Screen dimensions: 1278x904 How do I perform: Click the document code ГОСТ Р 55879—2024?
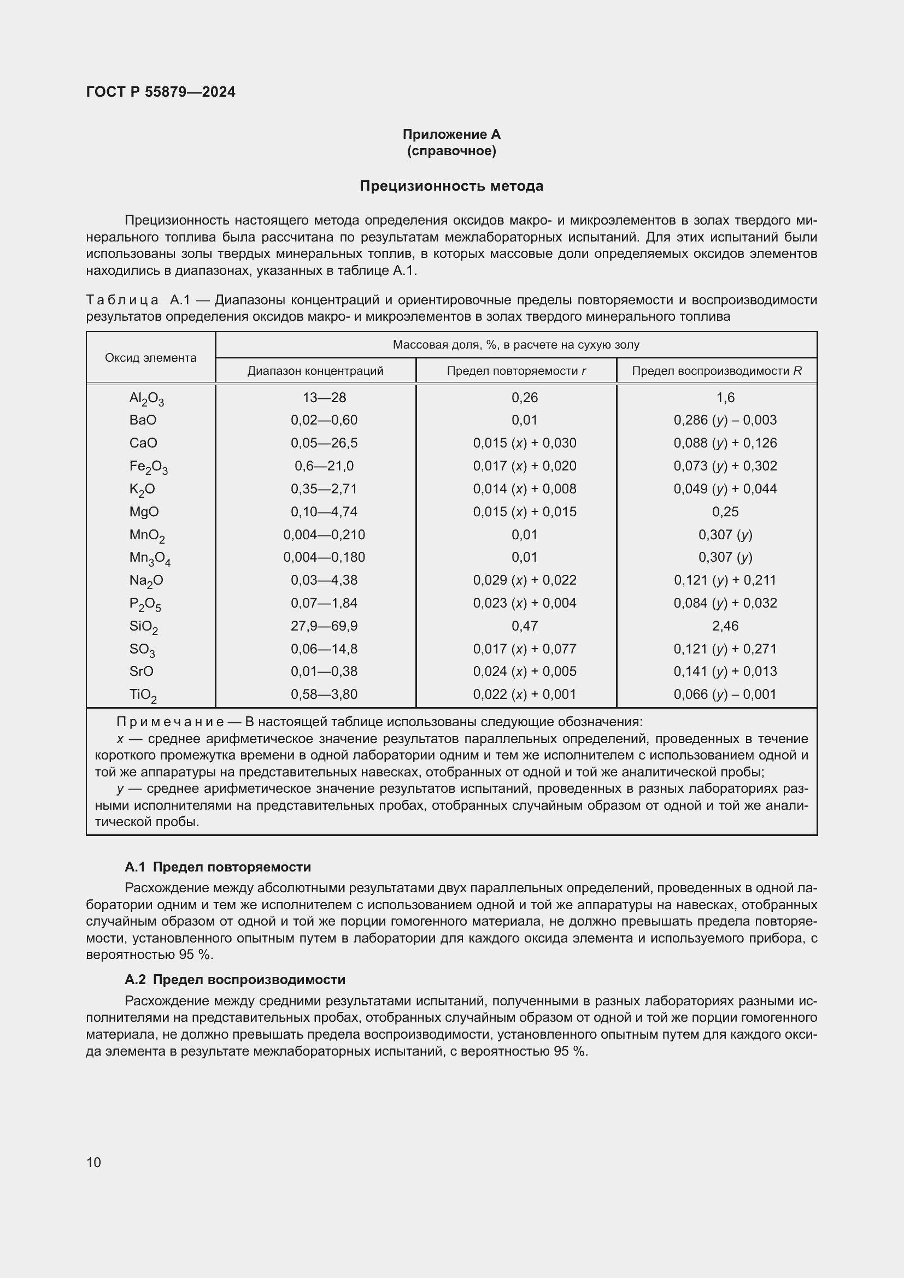[x=160, y=92]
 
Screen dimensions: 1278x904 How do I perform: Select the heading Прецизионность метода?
[x=451, y=186]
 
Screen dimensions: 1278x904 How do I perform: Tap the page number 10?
[x=93, y=1162]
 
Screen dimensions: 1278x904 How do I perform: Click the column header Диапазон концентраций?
[x=315, y=370]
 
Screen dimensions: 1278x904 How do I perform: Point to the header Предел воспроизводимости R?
[x=717, y=370]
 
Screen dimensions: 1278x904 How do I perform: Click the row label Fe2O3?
[x=148, y=467]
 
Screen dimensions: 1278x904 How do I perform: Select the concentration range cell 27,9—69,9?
[x=324, y=626]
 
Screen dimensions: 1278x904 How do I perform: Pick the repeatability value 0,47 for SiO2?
[x=524, y=626]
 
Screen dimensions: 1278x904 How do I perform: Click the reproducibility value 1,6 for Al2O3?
[x=725, y=397]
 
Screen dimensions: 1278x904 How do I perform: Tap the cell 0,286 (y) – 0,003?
[x=725, y=420]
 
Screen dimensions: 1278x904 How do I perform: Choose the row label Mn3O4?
[x=150, y=558]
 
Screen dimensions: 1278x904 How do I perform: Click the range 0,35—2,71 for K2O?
[x=324, y=488]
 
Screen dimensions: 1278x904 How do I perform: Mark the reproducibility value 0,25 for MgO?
[x=725, y=511]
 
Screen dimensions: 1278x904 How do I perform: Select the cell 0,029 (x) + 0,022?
[x=524, y=580]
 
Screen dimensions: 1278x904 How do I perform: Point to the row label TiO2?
[x=143, y=694]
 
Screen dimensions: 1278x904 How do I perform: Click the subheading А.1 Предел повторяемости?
[x=218, y=867]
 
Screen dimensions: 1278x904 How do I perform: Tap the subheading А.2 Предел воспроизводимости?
[x=235, y=979]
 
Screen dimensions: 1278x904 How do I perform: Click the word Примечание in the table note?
[x=170, y=722]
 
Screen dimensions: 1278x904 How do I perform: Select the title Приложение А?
[x=451, y=134]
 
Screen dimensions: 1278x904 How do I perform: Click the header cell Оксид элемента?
[x=151, y=358]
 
